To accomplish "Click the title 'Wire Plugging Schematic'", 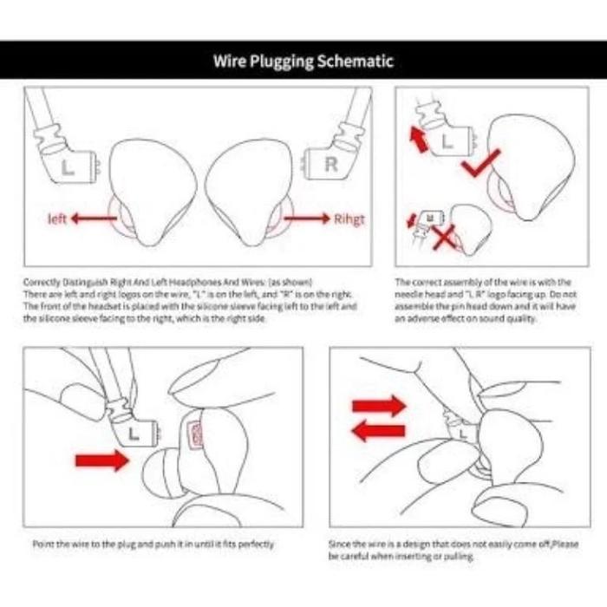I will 303,62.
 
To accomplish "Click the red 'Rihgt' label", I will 349,219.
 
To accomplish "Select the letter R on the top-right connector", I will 330,164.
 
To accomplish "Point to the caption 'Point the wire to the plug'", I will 153,544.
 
